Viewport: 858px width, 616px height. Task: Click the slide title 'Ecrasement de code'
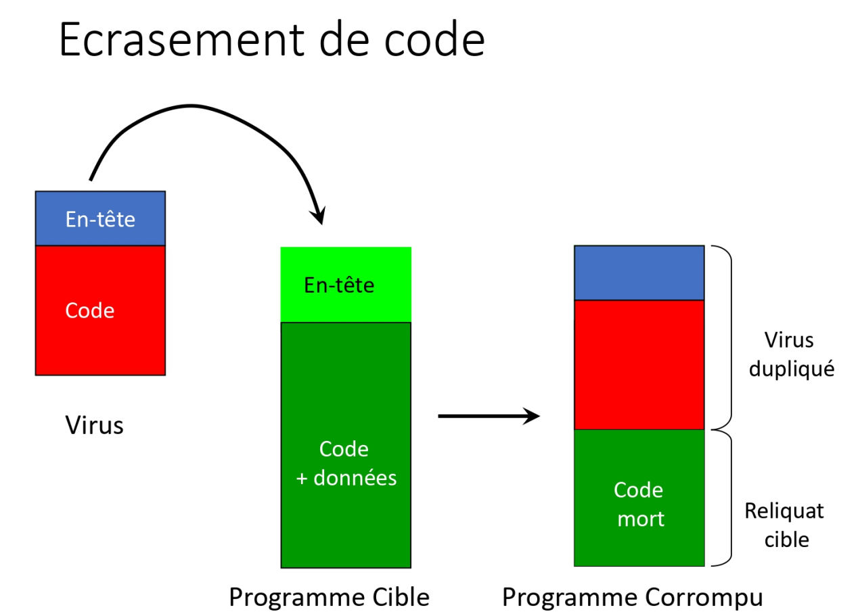pyautogui.click(x=272, y=39)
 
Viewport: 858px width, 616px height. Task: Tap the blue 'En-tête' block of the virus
pyautogui.click(x=100, y=218)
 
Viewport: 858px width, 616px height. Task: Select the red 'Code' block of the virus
pyautogui.click(x=100, y=310)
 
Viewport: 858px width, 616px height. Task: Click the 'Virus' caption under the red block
pyautogui.click(x=94, y=425)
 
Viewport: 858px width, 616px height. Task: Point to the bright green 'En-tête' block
pyautogui.click(x=346, y=285)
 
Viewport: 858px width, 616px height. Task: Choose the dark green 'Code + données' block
pyautogui.click(x=346, y=445)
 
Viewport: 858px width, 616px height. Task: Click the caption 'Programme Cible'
pyautogui.click(x=329, y=598)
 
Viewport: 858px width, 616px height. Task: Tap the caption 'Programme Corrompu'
pyautogui.click(x=633, y=598)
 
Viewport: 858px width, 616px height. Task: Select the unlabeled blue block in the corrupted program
pyautogui.click(x=639, y=273)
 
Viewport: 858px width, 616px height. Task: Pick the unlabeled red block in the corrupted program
pyautogui.click(x=639, y=365)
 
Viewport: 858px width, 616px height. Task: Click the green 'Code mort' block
pyautogui.click(x=639, y=498)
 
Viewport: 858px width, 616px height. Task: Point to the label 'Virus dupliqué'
pyautogui.click(x=792, y=354)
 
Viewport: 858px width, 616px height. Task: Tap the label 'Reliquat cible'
pyautogui.click(x=784, y=525)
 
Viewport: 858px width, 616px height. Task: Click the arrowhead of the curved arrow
pyautogui.click(x=319, y=215)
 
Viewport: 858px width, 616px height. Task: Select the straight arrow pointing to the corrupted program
pyautogui.click(x=489, y=416)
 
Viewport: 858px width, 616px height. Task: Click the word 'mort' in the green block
pyautogui.click(x=641, y=519)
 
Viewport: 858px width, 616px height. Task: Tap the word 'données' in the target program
pyautogui.click(x=355, y=478)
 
